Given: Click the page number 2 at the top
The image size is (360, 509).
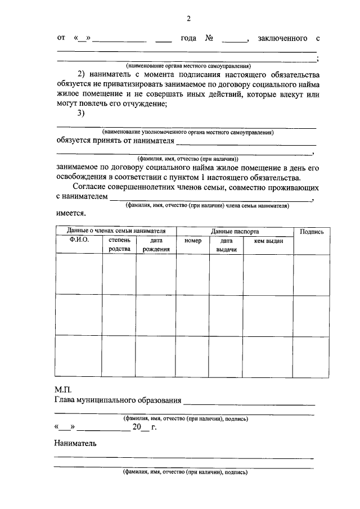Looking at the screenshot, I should pos(188,19).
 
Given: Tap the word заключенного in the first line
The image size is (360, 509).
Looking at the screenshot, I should pos(282,38).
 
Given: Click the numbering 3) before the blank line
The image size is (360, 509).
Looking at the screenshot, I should pos(80,114).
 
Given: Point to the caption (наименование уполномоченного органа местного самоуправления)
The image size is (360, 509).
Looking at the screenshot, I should pos(188,132).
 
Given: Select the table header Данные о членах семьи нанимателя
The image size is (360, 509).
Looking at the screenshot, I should pos(116,231).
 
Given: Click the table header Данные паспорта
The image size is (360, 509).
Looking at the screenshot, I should pos(235,231).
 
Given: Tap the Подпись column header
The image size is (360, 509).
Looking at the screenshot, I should pos(312,231).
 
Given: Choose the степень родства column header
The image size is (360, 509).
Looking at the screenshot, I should pos(119,245).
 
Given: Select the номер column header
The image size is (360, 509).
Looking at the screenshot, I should pos(192,240).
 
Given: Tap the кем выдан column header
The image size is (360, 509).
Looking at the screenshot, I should pos(268,240).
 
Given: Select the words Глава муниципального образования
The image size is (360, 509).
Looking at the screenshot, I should pos(118,400).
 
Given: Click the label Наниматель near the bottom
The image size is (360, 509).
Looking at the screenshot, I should pos(75,443).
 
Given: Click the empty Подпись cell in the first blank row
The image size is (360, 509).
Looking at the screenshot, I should pos(312,273).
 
